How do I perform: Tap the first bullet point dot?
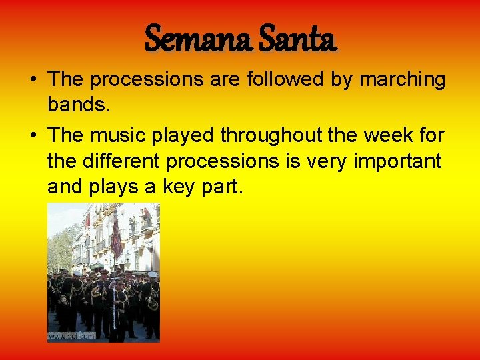(32, 80)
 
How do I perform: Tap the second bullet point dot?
(32, 135)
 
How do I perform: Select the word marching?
(403, 80)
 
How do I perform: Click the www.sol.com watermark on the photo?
(72, 336)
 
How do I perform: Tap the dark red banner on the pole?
(117, 241)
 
